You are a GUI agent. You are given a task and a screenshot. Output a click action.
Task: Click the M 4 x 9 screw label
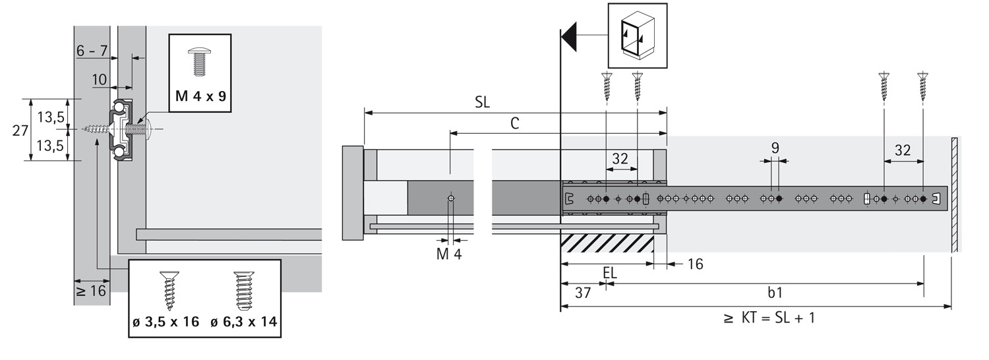pyautogui.click(x=200, y=96)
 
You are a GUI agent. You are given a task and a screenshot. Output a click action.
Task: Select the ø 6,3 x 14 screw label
pyautogui.click(x=243, y=322)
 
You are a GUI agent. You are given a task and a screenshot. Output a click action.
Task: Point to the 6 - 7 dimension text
pyautogui.click(x=92, y=51)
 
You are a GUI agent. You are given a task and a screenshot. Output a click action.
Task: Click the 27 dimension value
pyautogui.click(x=20, y=130)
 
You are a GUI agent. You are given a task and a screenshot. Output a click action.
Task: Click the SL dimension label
pyautogui.click(x=482, y=104)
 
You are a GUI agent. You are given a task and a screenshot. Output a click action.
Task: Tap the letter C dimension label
pyautogui.click(x=515, y=123)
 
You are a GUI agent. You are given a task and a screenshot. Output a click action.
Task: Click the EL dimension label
pyautogui.click(x=610, y=272)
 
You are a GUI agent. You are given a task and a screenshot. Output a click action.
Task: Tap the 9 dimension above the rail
pyautogui.click(x=775, y=148)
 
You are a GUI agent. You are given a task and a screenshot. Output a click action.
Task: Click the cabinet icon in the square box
pyautogui.click(x=637, y=36)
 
